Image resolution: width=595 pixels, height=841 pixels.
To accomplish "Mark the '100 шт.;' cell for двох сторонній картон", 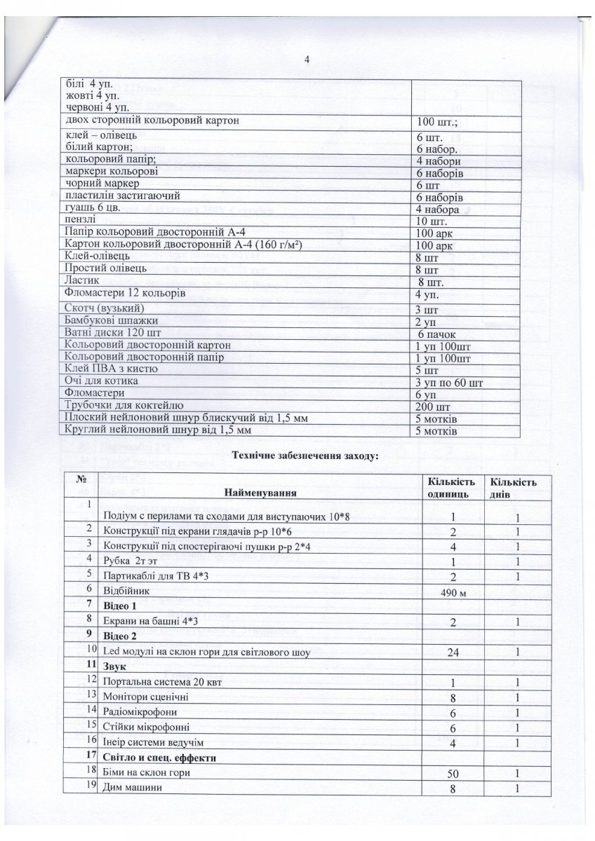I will point(439,123).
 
